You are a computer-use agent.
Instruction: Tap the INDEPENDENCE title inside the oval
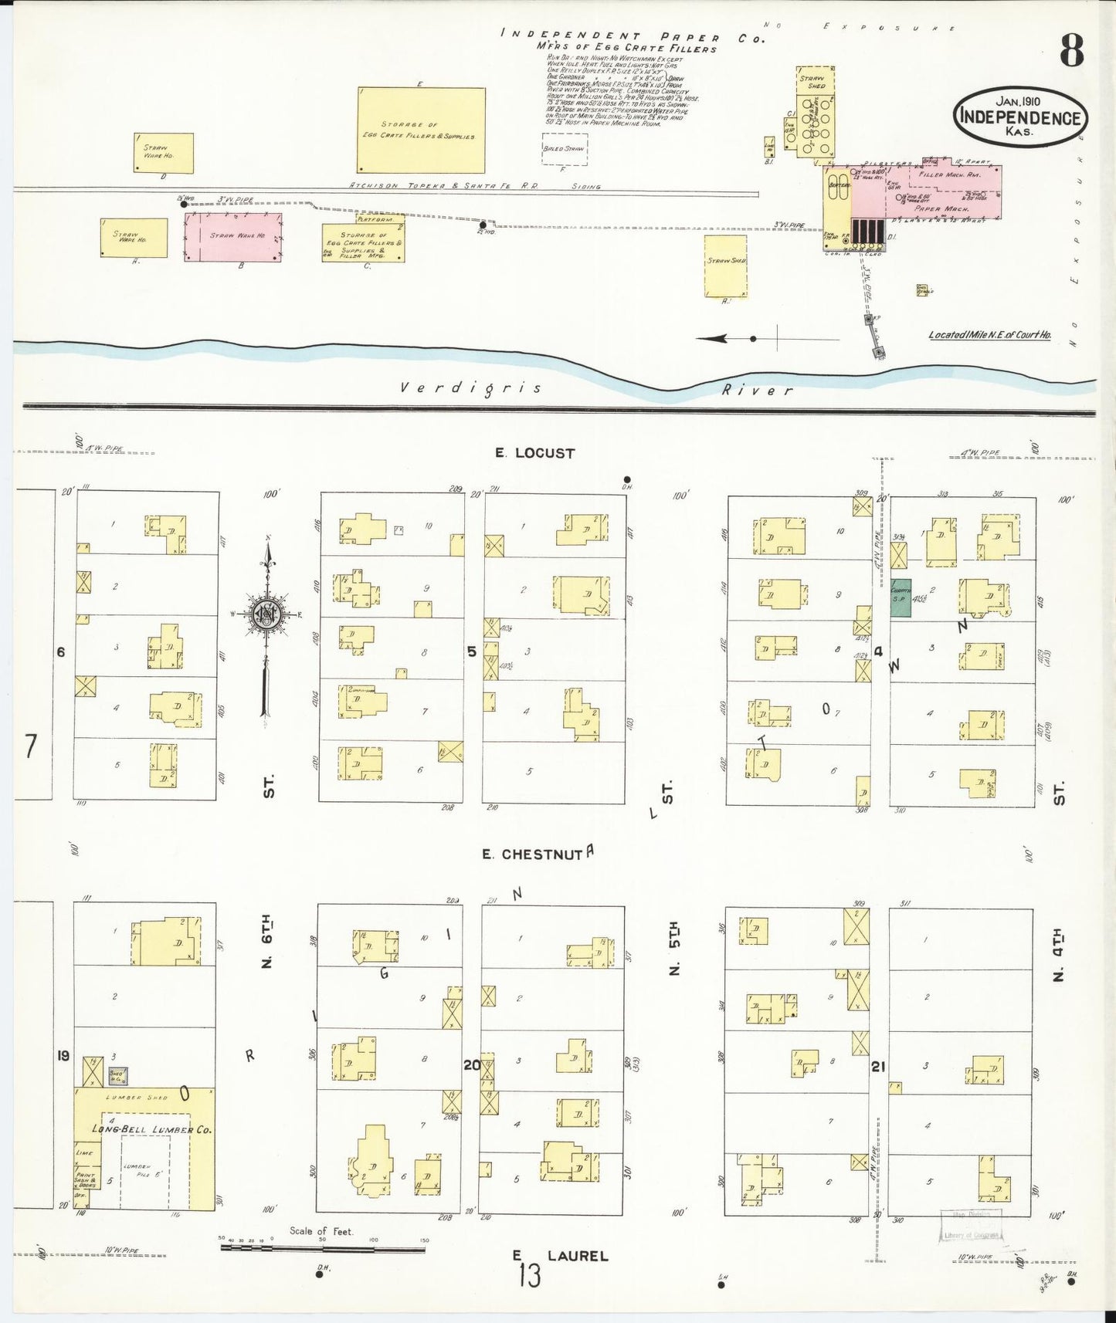tap(1019, 118)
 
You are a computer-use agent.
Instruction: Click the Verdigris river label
tap(471, 387)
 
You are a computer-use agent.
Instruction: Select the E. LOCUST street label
tap(535, 453)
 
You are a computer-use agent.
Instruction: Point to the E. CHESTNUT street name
tap(531, 854)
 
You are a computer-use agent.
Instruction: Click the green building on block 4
tap(900, 597)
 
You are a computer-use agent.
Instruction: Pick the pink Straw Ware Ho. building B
tap(233, 236)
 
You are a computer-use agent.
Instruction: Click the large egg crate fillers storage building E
tap(422, 130)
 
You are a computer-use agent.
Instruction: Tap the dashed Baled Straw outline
tap(565, 149)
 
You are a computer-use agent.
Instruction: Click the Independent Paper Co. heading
tap(632, 36)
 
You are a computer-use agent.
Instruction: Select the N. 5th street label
tap(673, 949)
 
